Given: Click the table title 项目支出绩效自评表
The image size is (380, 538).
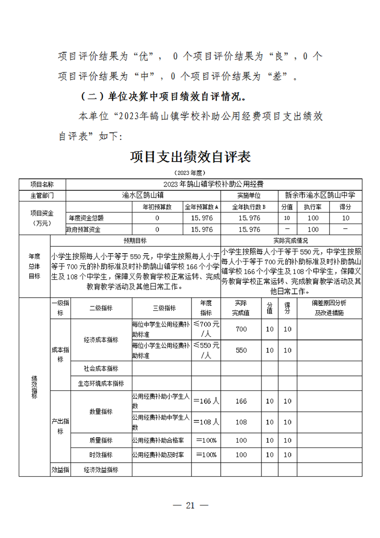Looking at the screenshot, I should (x=190, y=157).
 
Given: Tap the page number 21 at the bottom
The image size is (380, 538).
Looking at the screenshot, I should (x=190, y=505).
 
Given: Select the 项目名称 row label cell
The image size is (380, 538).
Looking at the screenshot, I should (x=42, y=184).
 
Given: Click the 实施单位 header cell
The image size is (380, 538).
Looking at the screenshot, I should (x=249, y=196).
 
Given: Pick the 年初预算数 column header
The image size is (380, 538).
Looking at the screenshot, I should (x=157, y=207).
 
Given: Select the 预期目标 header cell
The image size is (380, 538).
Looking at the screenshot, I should (x=135, y=241).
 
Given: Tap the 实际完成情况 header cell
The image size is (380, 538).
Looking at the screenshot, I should (x=290, y=241).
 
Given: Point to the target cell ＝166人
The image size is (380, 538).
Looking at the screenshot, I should (x=206, y=401).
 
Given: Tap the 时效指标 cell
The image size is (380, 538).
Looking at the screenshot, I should (x=101, y=455).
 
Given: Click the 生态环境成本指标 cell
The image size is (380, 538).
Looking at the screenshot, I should (x=101, y=383).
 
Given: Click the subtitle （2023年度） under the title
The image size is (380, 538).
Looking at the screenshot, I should (x=190, y=173).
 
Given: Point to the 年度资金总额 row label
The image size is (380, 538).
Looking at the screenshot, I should (x=86, y=218).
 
